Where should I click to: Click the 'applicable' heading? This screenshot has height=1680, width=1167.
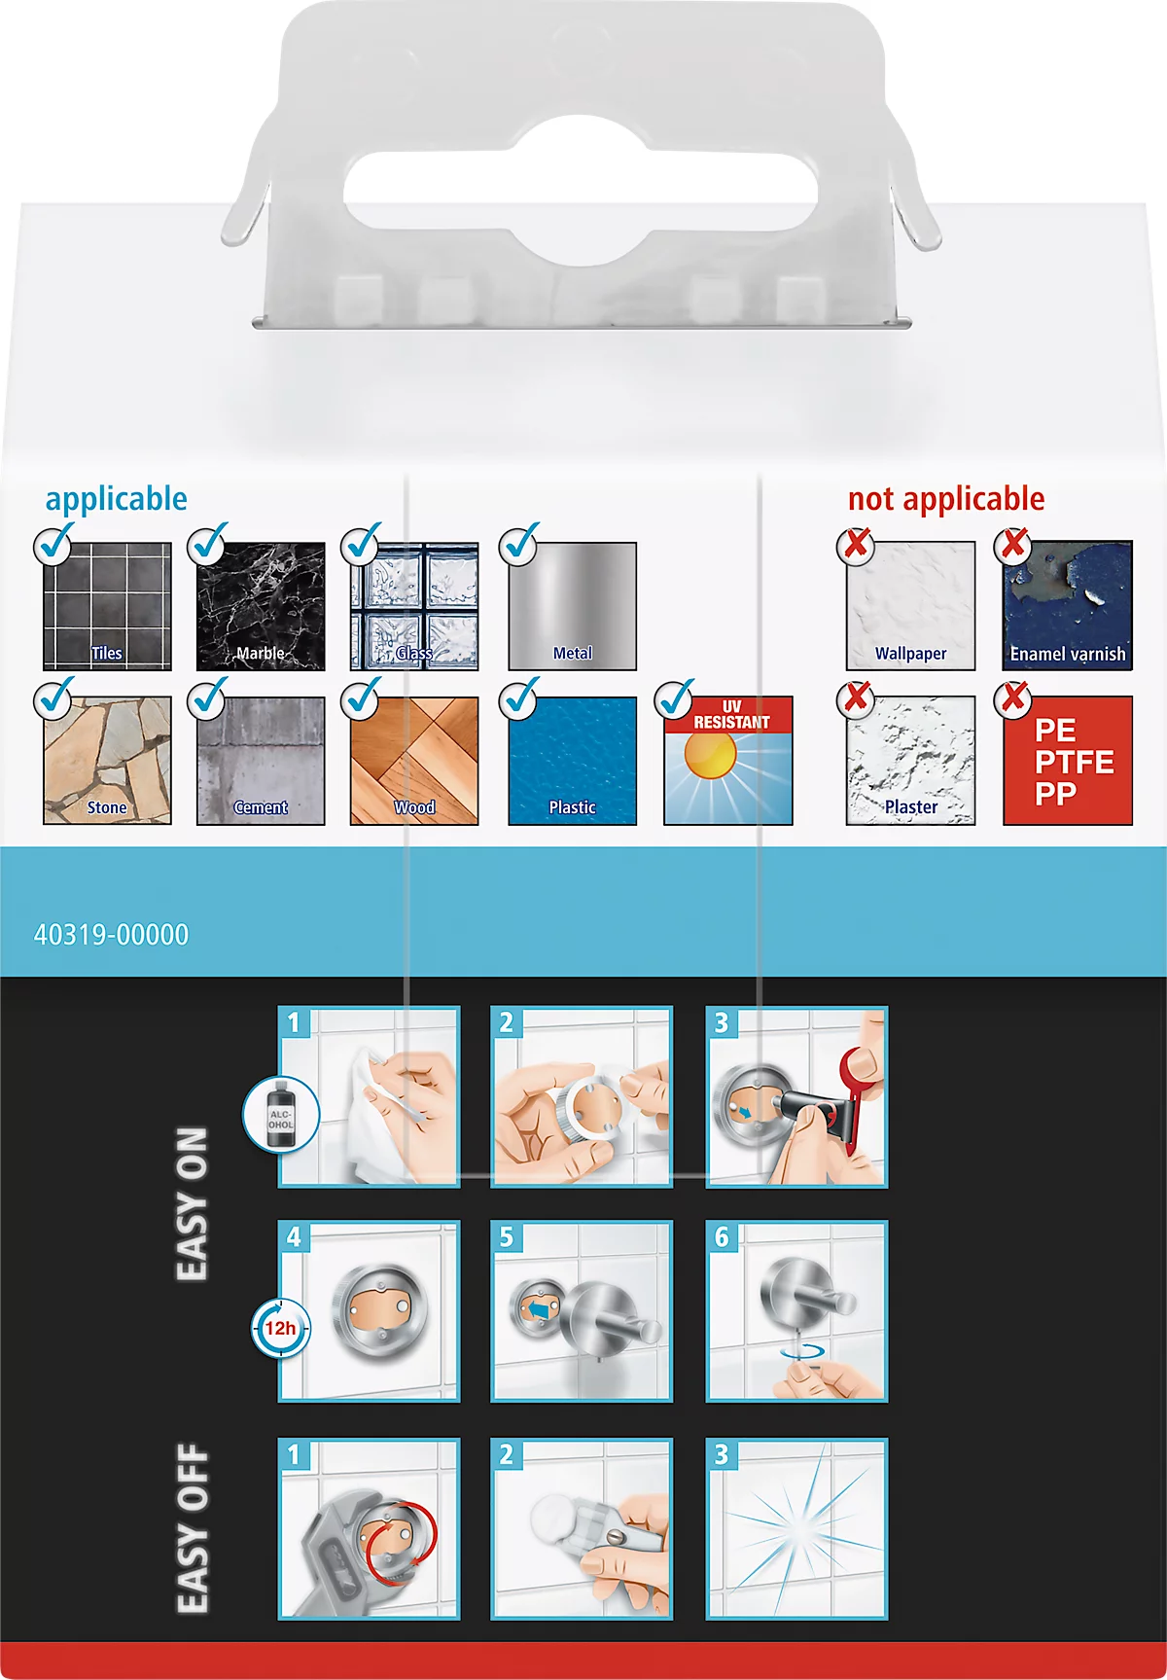click(x=116, y=499)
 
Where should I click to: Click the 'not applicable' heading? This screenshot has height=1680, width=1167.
click(x=946, y=499)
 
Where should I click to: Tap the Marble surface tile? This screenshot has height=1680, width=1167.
click(x=261, y=606)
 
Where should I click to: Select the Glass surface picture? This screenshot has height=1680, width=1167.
click(x=414, y=606)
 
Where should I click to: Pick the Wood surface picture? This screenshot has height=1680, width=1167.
click(x=414, y=761)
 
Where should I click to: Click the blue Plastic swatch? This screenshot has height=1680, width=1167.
click(x=573, y=761)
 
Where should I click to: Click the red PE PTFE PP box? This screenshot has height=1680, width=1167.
click(x=1068, y=761)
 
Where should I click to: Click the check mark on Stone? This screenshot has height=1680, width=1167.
click(x=54, y=697)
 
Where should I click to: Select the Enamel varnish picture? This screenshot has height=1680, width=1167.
click(x=1068, y=606)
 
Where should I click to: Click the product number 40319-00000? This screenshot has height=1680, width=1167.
click(x=111, y=935)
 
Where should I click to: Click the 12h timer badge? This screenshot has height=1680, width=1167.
click(x=280, y=1328)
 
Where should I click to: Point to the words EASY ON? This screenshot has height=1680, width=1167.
click(x=192, y=1204)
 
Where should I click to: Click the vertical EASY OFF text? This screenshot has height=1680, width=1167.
click(x=193, y=1527)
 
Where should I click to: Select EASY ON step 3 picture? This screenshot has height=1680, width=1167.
click(x=796, y=1097)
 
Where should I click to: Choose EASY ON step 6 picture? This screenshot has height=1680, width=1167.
click(x=796, y=1311)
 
